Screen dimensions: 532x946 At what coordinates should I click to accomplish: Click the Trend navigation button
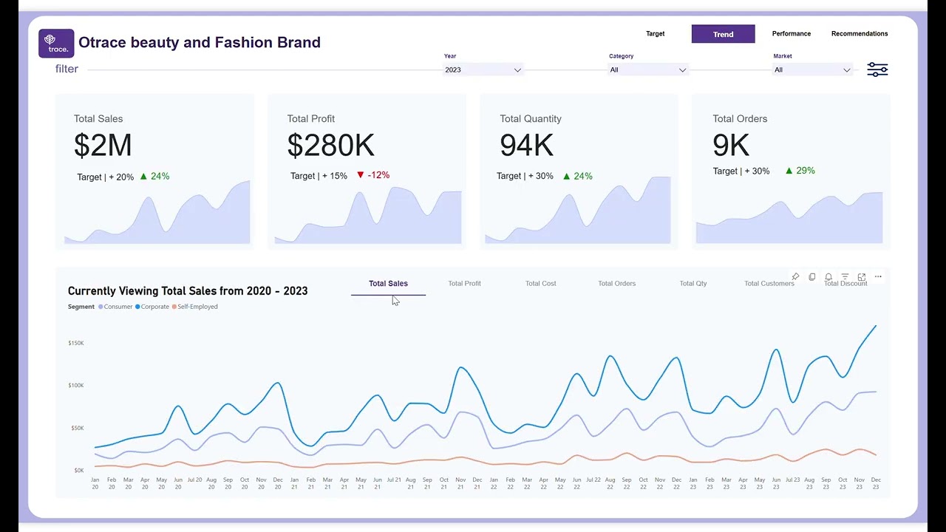coord(723,34)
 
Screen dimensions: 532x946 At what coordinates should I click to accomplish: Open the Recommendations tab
coord(860,34)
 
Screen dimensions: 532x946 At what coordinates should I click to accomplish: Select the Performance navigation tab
coord(791,34)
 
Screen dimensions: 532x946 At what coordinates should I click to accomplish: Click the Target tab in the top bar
coord(655,34)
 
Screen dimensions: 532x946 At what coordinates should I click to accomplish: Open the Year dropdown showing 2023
coord(483,69)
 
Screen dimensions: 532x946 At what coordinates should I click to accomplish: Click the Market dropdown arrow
coord(846,70)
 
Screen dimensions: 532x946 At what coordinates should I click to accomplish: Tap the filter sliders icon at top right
coord(877,69)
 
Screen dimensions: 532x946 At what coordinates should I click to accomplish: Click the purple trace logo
coord(56,44)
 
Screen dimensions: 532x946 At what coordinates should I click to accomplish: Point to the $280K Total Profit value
coord(330,146)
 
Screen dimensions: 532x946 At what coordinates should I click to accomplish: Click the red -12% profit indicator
coord(373,175)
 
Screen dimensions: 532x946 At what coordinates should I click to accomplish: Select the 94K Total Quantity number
coord(526,146)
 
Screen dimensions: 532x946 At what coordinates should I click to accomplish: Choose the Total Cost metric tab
coord(540,284)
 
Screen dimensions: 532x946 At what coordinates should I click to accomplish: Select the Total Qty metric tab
coord(693,284)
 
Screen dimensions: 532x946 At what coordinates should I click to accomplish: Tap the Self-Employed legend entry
coord(197,307)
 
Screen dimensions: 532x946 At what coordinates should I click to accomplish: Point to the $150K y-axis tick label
coord(75,343)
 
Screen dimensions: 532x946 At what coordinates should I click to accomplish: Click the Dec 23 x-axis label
coord(876,483)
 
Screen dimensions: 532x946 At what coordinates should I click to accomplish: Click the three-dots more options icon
coord(878,277)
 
